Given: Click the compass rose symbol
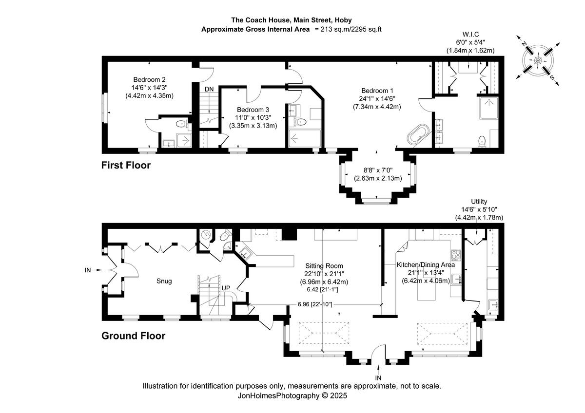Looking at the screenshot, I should [x=538, y=60].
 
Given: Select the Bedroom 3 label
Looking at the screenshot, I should [x=253, y=110].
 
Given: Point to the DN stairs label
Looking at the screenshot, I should [x=209, y=89].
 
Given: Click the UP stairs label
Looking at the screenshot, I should [x=226, y=288].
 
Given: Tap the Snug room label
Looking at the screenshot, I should [x=164, y=281].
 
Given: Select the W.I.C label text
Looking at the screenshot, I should [x=470, y=34].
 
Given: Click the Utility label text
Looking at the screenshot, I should [x=479, y=201].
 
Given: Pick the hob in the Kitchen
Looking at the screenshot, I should [x=456, y=255].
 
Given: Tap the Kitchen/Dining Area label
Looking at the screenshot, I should [x=425, y=264].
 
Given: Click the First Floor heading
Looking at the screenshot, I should [x=126, y=166].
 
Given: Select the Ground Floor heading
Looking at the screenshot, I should [x=133, y=336].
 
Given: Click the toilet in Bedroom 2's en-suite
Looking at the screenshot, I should [x=181, y=124].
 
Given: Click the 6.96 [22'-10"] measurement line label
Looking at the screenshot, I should [x=316, y=304].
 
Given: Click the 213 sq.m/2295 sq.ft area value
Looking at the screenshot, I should [x=351, y=29].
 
